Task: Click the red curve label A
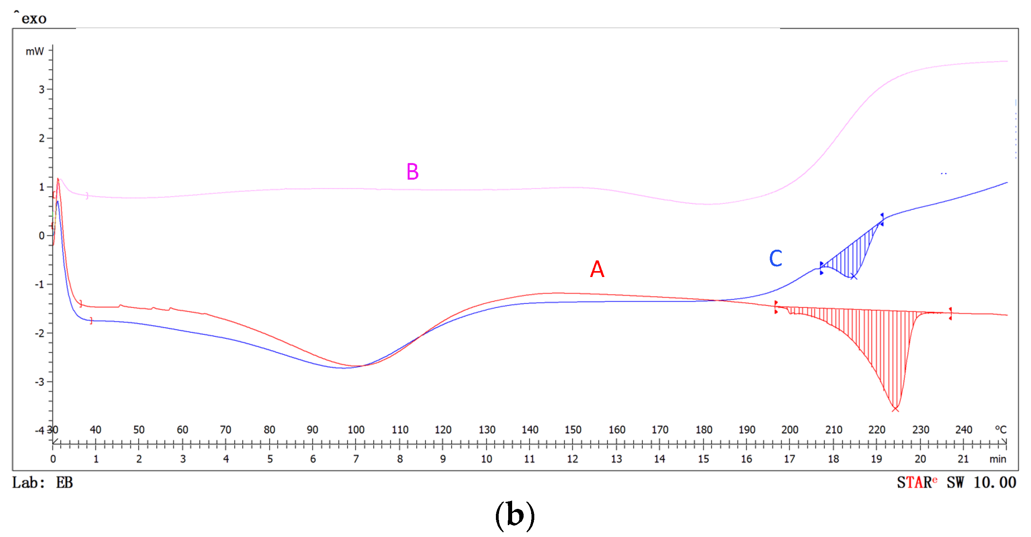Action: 597,269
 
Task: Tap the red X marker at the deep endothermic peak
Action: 895,409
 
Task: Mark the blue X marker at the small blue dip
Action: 853,277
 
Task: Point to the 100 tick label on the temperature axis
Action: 356,430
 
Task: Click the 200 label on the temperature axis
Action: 790,430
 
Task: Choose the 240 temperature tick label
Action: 963,430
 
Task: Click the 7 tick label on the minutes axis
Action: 356,459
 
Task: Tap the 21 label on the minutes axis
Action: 963,459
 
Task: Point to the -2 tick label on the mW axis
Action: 40,333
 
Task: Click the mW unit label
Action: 35,51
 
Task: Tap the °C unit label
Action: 1001,430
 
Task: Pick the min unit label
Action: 998,459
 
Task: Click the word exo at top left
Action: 34,19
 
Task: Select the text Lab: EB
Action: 42,482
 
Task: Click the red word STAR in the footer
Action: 915,482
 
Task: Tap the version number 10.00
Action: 995,482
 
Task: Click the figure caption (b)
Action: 515,515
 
